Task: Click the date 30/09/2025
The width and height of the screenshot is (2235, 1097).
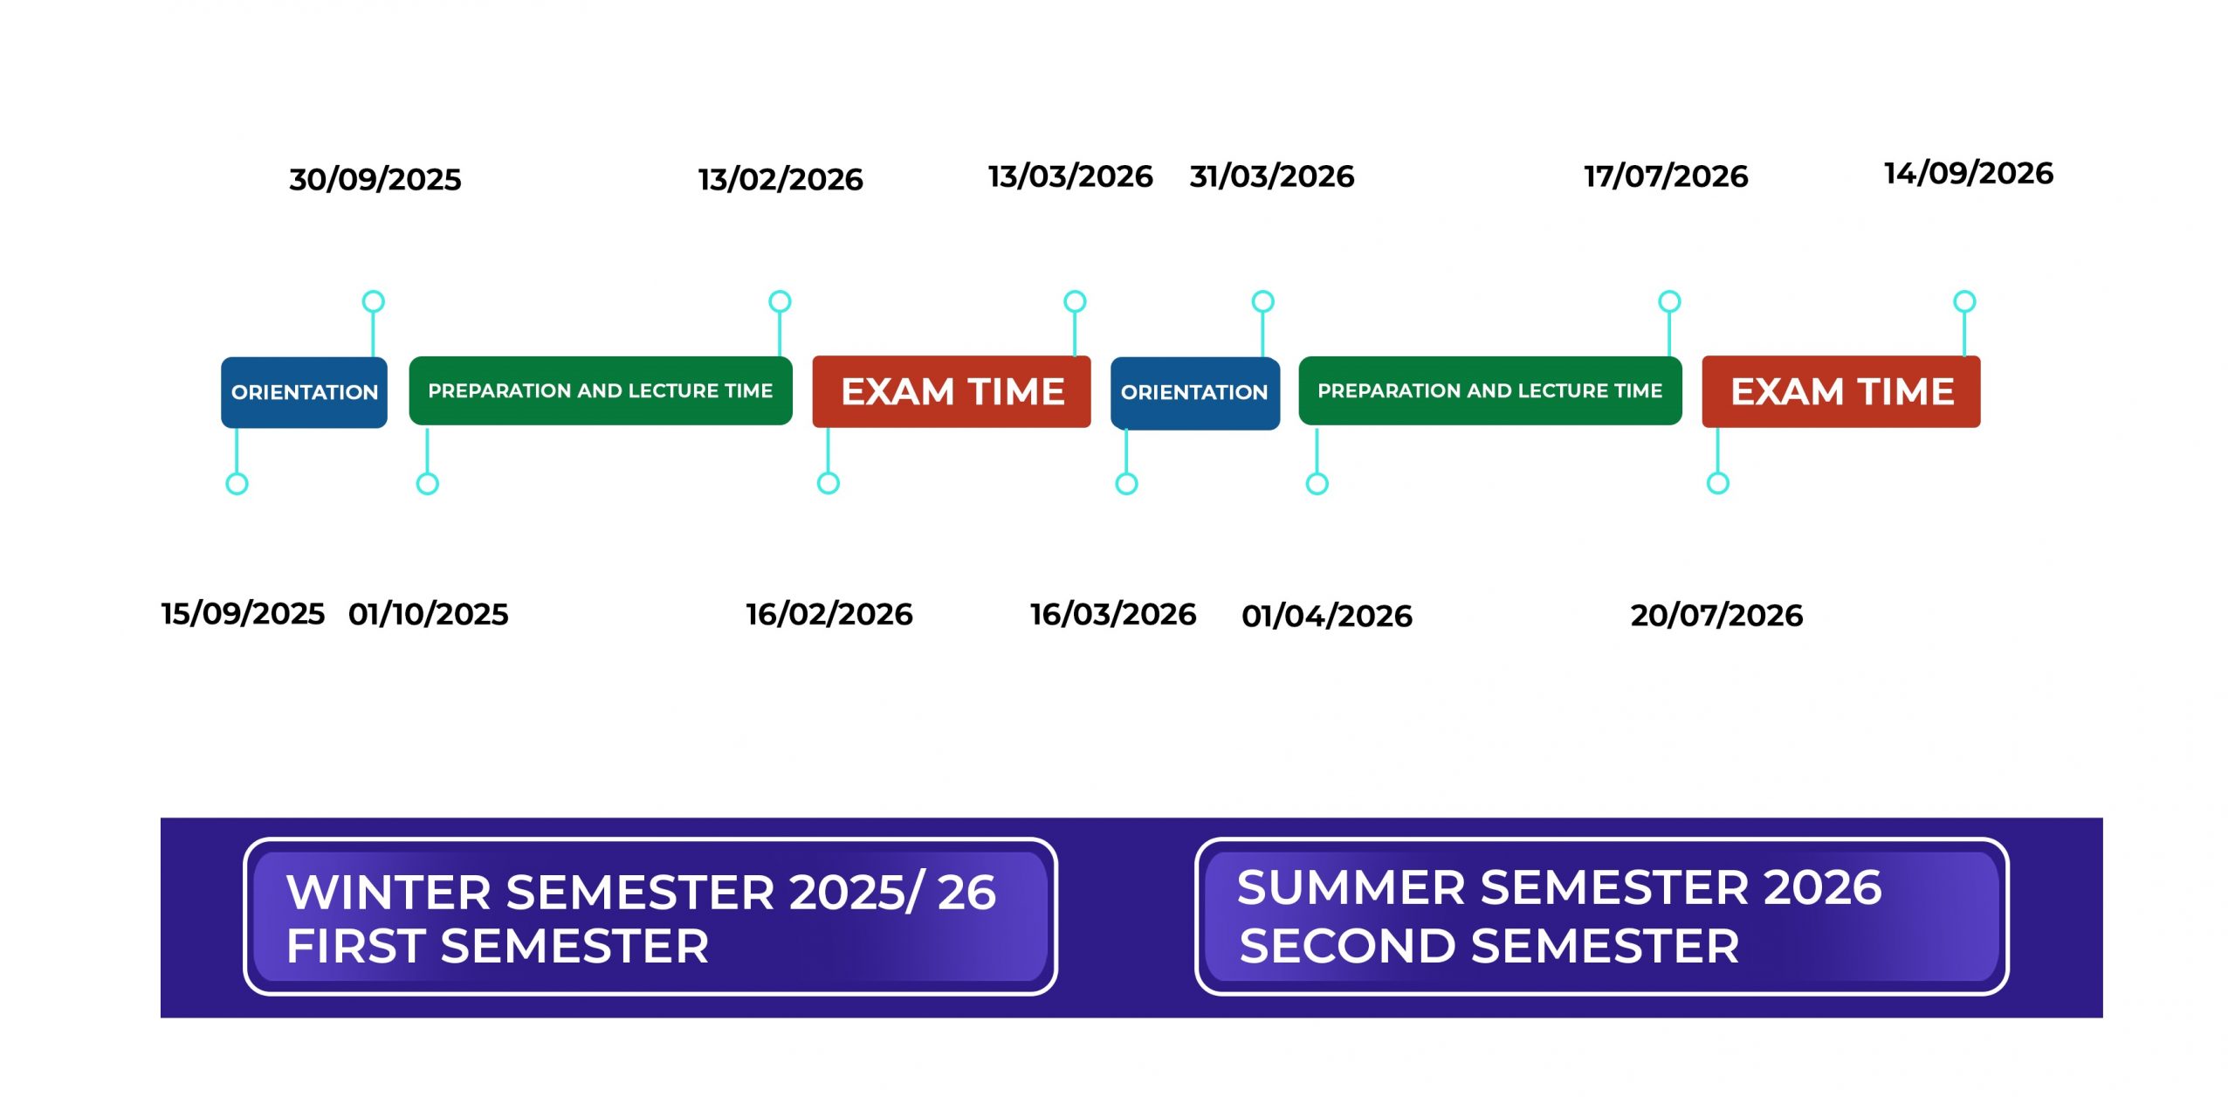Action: point(375,179)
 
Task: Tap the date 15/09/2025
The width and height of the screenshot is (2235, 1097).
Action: point(243,614)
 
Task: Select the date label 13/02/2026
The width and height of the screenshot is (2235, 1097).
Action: point(781,179)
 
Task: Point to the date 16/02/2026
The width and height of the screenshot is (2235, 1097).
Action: point(829,614)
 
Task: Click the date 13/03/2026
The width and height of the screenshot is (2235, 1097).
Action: point(1070,176)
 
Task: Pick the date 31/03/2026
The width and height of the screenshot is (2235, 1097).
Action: point(1272,176)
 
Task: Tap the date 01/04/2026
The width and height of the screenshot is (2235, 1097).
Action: point(1327,616)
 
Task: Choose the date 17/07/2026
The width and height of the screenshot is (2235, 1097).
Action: point(1666,176)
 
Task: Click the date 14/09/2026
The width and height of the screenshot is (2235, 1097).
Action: point(1969,173)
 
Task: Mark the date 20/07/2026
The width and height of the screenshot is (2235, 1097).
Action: point(1716,615)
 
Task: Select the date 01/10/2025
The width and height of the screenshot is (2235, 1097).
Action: point(428,614)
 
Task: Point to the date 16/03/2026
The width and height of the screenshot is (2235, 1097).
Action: point(1113,614)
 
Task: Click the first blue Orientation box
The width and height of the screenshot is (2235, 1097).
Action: point(304,392)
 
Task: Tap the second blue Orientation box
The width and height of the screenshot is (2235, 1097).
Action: point(1195,393)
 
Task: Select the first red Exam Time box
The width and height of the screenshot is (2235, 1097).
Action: point(952,391)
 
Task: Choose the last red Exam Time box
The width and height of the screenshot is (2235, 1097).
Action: point(1841,391)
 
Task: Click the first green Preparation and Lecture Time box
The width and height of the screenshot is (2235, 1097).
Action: point(601,390)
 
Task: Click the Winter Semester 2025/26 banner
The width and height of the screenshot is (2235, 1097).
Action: point(650,916)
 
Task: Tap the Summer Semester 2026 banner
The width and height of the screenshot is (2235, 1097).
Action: point(1602,916)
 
